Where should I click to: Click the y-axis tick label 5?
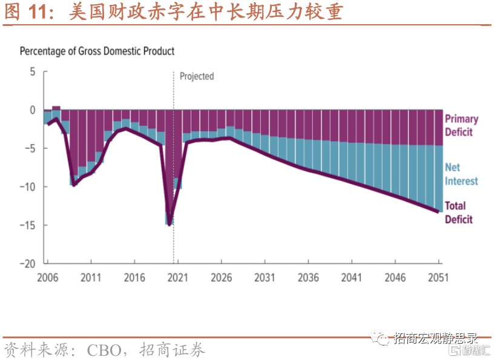point(33,72)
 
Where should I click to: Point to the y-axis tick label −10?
point(28,187)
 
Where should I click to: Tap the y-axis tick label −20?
point(28,264)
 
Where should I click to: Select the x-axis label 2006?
point(47,278)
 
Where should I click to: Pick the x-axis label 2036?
point(309,278)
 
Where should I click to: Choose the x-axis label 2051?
point(438,278)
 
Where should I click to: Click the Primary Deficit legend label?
point(461,125)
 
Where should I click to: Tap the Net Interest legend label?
point(461,174)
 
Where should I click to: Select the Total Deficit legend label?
point(459,212)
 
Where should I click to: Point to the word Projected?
point(197,76)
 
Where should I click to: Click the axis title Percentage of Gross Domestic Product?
point(97,51)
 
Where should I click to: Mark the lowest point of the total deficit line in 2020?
point(170,224)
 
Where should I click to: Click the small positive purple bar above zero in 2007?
point(56,108)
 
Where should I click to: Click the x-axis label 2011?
point(91,278)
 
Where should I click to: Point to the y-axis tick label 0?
point(33,110)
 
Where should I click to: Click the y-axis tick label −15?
point(28,225)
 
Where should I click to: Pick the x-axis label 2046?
point(395,278)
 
